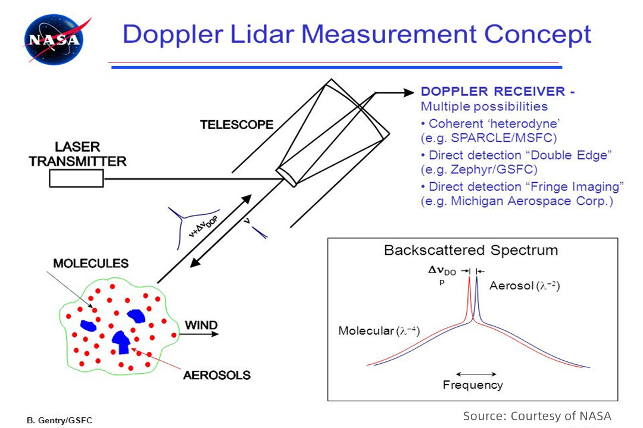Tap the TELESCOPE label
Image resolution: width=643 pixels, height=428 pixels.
pyautogui.click(x=236, y=125)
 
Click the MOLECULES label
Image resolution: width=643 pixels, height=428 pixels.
pyautogui.click(x=90, y=263)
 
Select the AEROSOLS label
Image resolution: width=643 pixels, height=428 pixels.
pyautogui.click(x=217, y=376)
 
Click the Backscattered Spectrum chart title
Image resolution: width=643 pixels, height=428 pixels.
pyautogui.click(x=471, y=250)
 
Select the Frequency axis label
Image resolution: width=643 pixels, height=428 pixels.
pyautogui.click(x=473, y=385)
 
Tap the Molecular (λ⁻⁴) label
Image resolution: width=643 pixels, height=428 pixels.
pyautogui.click(x=379, y=331)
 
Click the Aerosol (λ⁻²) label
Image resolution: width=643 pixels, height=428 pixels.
pyautogui.click(x=525, y=286)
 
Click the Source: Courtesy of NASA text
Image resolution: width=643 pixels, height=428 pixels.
pyautogui.click(x=537, y=415)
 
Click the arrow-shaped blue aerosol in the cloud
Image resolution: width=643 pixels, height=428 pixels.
pyautogui.click(x=121, y=341)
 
